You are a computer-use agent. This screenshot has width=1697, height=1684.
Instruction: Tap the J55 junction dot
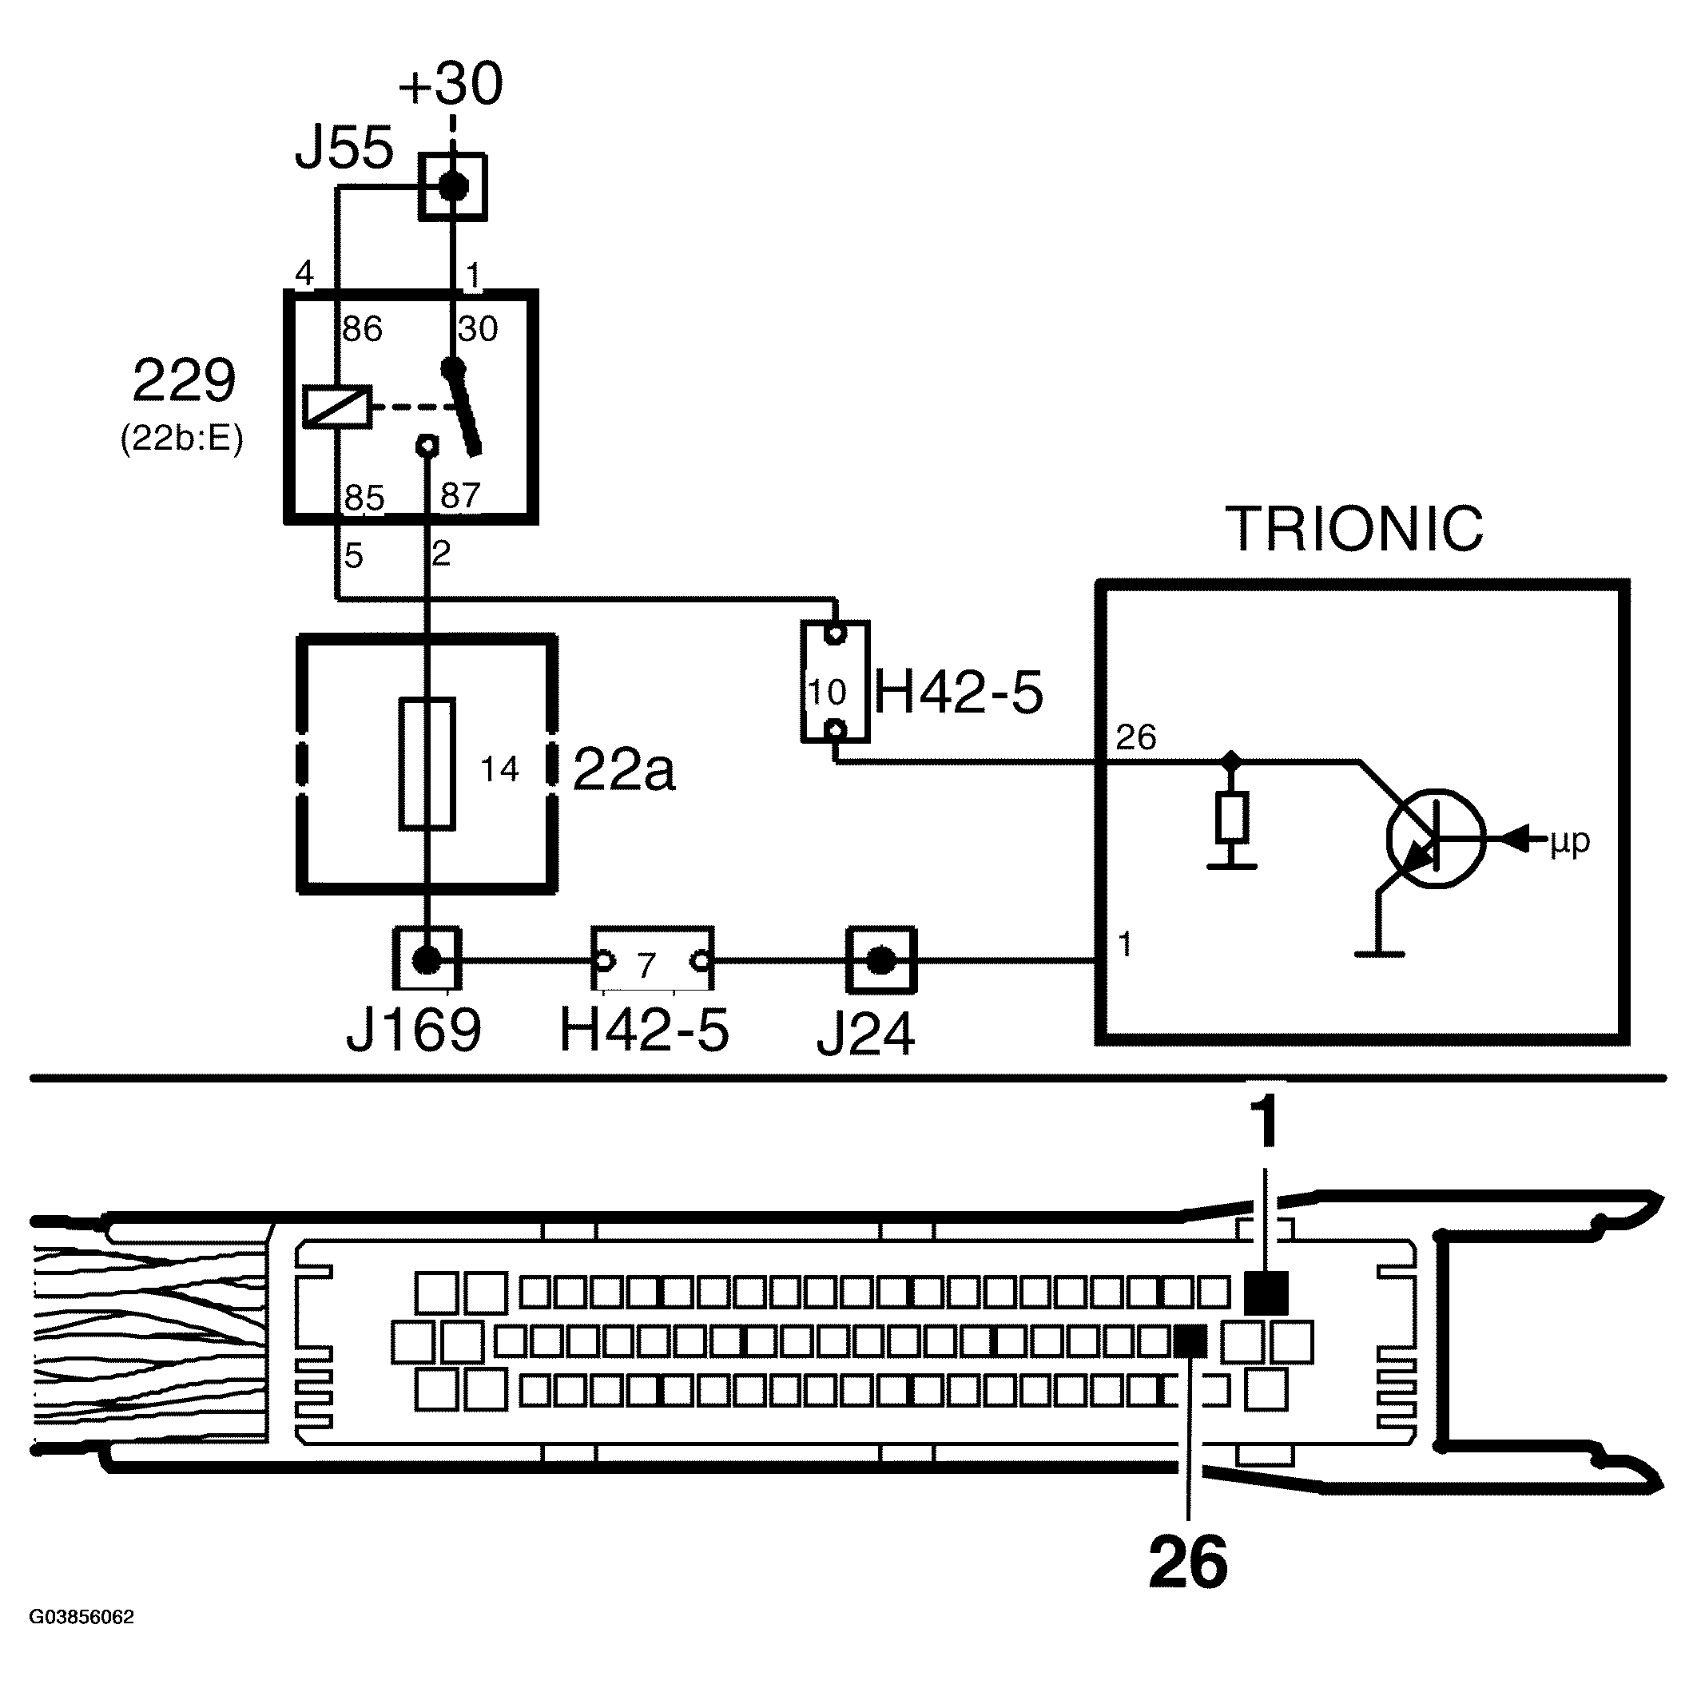click(453, 186)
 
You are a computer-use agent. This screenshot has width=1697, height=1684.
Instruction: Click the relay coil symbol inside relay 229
click(337, 407)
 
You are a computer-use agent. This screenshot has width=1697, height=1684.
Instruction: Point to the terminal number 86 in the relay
click(362, 329)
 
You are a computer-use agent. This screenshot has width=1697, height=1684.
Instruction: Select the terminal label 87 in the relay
click(460, 496)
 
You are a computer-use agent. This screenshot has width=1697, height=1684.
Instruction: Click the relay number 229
click(184, 380)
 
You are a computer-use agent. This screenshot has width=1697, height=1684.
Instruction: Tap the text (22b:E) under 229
click(182, 439)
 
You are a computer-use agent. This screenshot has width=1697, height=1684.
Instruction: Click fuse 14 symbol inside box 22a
click(427, 764)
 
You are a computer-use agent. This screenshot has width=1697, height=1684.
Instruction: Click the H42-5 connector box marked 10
click(834, 681)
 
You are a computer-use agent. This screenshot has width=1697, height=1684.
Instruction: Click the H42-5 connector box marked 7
click(651, 960)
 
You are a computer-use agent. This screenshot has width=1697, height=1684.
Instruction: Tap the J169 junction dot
click(427, 960)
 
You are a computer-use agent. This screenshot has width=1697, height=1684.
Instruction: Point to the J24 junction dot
click(881, 961)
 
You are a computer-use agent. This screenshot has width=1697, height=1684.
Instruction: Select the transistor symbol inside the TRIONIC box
click(1435, 838)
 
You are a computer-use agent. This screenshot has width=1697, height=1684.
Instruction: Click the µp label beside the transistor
click(1570, 840)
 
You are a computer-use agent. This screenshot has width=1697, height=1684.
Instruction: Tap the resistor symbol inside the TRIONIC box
click(1231, 817)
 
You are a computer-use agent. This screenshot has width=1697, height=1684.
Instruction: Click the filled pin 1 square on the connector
click(1266, 1293)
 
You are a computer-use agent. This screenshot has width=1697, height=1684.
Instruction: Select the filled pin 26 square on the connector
click(1190, 1340)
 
